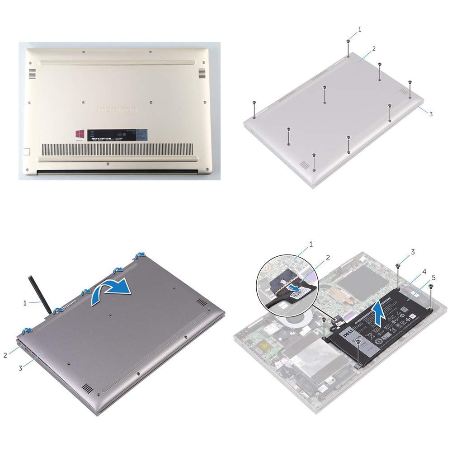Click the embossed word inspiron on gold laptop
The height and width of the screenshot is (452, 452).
click(x=117, y=110)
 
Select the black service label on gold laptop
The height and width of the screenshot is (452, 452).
click(x=118, y=135)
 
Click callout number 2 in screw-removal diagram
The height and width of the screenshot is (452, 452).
click(x=373, y=48)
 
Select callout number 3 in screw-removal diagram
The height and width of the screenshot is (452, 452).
click(x=431, y=114)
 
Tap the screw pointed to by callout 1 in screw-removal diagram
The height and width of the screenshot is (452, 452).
click(x=348, y=42)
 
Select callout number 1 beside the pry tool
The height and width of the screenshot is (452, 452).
click(x=25, y=302)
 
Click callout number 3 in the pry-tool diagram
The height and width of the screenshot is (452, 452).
click(x=21, y=368)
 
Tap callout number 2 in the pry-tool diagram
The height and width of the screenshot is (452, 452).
click(x=5, y=355)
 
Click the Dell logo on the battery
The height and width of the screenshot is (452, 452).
click(x=345, y=334)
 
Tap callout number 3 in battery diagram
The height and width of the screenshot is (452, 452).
click(x=412, y=251)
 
